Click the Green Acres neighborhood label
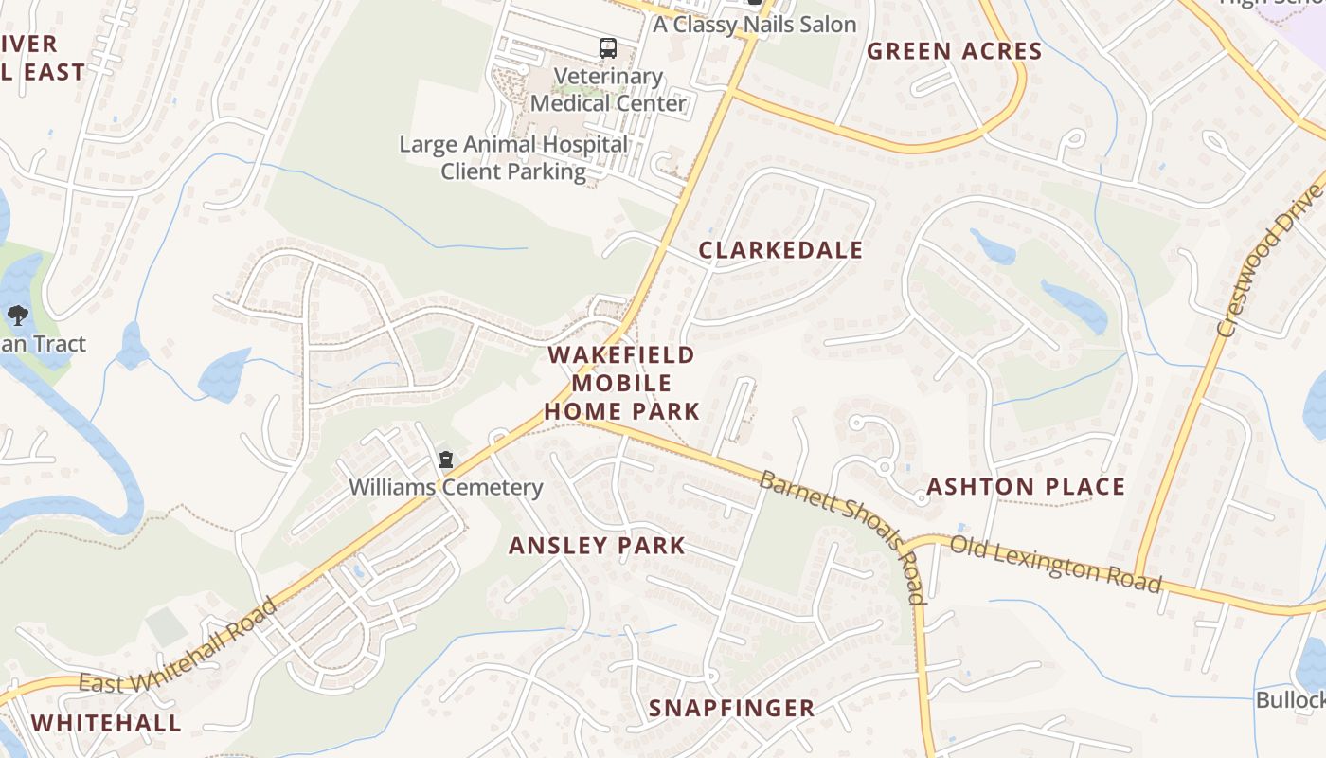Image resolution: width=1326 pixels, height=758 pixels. [954, 51]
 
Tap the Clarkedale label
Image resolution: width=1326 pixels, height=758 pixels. [780, 250]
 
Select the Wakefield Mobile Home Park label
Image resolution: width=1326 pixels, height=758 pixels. [621, 383]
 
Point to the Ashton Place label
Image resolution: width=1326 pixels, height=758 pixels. [1026, 487]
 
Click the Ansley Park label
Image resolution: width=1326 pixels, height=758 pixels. [597, 546]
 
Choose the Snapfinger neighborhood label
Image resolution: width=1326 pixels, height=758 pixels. [731, 708]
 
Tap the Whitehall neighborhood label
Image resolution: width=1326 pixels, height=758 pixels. [105, 723]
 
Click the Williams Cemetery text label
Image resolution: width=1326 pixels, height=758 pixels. [446, 488]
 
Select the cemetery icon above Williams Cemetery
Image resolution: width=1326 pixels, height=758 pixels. [445, 460]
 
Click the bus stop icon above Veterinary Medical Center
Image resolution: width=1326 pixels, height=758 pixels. [607, 47]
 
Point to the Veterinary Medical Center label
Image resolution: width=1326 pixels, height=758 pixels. [608, 90]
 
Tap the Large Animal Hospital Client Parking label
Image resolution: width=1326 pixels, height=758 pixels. [513, 158]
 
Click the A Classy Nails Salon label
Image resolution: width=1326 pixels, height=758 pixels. [754, 25]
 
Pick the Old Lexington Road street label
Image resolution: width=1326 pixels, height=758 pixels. [1055, 563]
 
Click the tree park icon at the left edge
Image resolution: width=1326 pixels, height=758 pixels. [17, 316]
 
